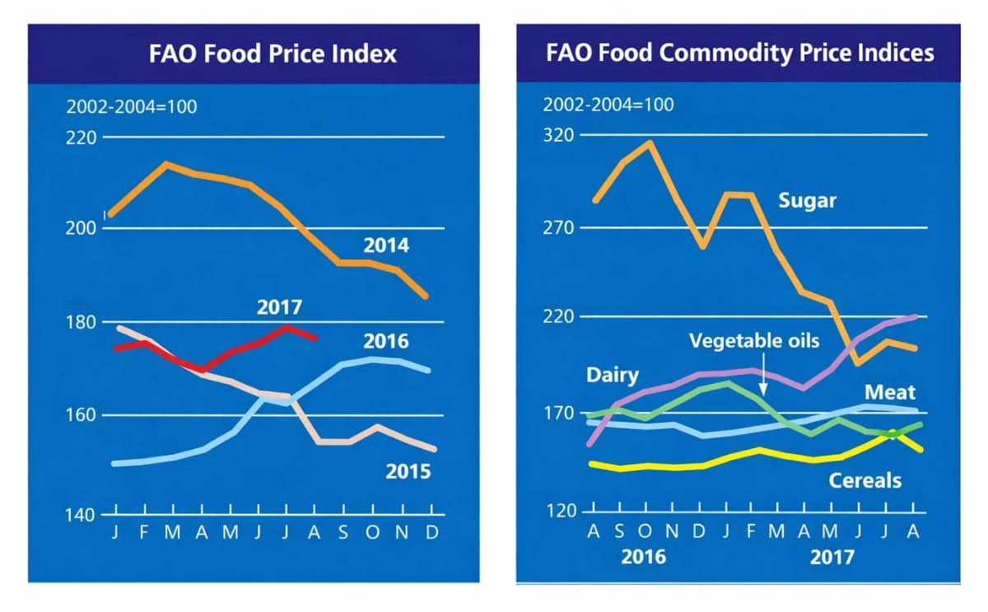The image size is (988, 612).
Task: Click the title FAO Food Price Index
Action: point(273,54)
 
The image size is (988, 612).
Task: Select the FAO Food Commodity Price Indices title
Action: point(739,53)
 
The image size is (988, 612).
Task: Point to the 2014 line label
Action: point(386,245)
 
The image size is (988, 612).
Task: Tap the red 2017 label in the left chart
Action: point(279,308)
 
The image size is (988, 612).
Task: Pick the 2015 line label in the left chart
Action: point(408,472)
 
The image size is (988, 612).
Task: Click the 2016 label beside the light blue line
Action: point(385,341)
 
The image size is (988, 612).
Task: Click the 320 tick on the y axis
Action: point(562,135)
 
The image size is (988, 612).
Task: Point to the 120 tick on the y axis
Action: point(562,512)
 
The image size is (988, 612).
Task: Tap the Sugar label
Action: point(807,201)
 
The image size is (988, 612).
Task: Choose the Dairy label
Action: point(612,376)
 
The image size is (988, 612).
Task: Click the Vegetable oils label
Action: point(754,339)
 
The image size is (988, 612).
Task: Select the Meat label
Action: point(890,393)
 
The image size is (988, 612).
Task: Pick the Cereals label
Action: point(864,480)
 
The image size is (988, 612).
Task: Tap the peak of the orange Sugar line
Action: point(649,143)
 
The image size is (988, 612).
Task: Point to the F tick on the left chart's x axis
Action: point(143,533)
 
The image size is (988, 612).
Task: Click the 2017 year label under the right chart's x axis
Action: point(832,558)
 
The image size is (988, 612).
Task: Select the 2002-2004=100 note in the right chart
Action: point(608,105)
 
